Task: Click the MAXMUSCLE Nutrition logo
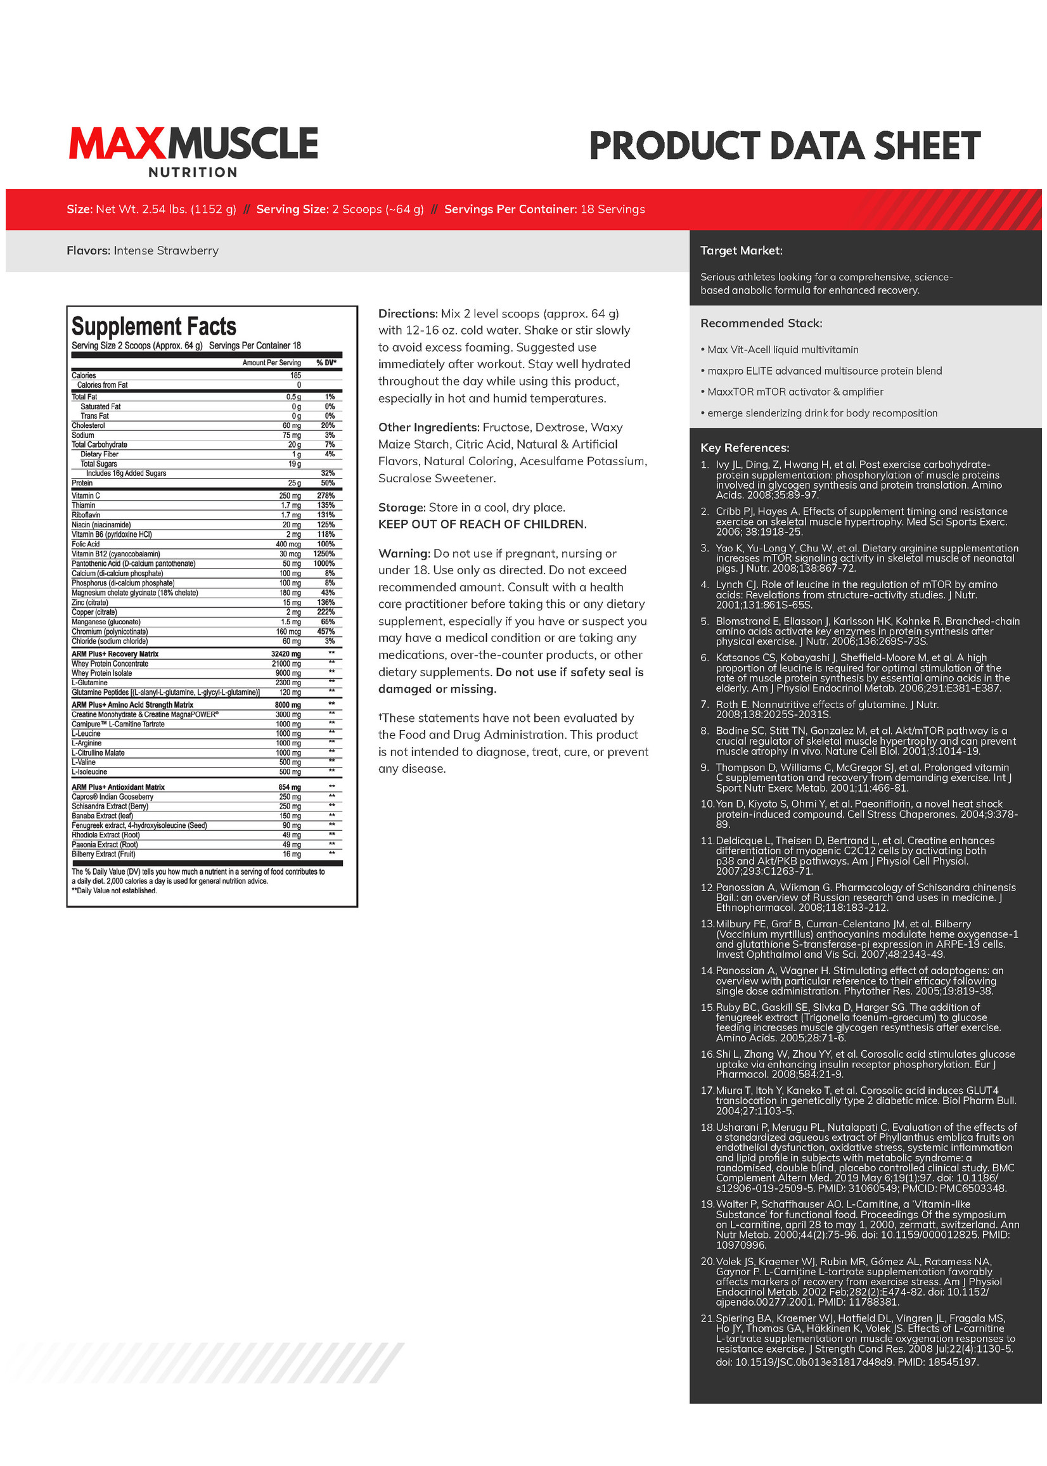click(x=193, y=150)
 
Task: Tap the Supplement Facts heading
click(x=153, y=327)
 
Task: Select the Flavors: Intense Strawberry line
click(x=143, y=251)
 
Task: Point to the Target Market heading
click(x=742, y=251)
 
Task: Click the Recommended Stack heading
click(x=761, y=324)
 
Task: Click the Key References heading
click(x=745, y=448)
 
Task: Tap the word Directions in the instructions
click(x=408, y=314)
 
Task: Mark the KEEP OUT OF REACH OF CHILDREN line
click(x=482, y=525)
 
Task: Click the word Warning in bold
click(x=404, y=554)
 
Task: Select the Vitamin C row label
click(x=86, y=496)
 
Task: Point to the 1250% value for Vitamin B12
click(x=324, y=555)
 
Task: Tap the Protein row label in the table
click(x=82, y=484)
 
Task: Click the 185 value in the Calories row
click(x=295, y=376)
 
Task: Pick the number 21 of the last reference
click(x=707, y=1318)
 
